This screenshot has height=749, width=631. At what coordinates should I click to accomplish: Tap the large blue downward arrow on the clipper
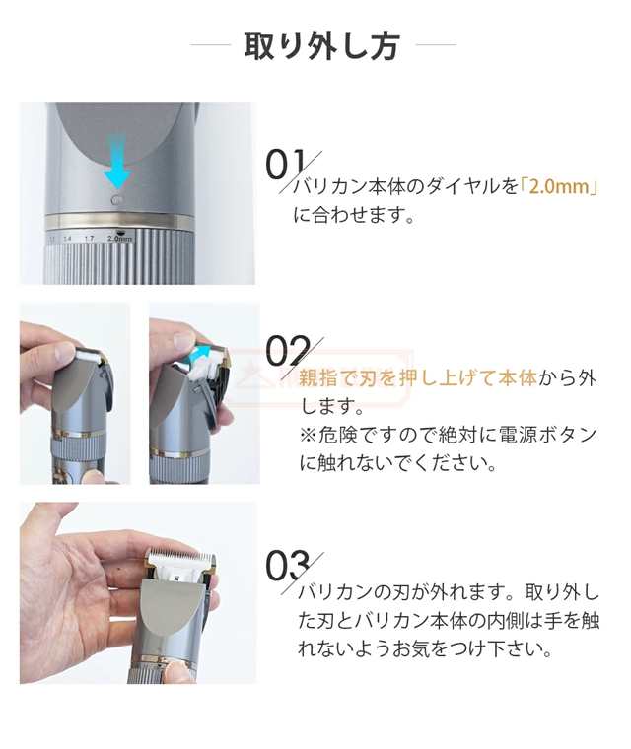[x=117, y=163]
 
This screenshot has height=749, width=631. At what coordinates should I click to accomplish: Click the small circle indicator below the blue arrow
[x=117, y=199]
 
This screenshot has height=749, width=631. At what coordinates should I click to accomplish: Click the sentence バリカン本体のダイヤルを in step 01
[x=404, y=187]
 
